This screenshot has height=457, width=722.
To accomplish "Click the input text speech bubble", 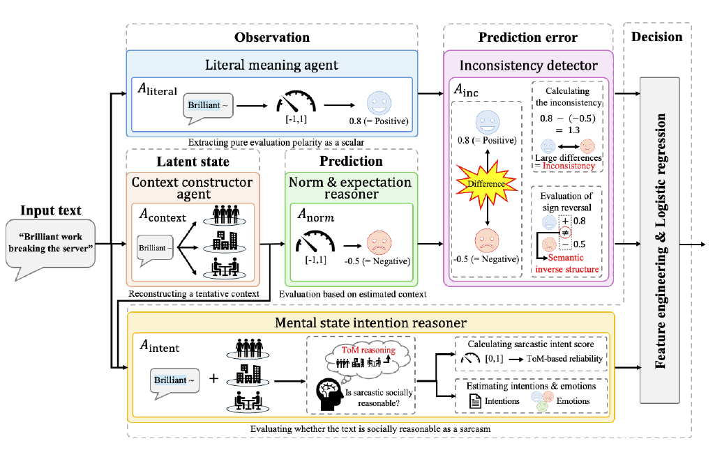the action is (50, 244).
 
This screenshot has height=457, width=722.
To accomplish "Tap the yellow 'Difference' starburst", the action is (487, 184).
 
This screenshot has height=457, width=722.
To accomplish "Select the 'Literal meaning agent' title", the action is (271, 65).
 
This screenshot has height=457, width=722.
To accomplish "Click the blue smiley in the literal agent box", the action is (379, 103).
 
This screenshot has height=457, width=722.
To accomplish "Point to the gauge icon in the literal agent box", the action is (296, 101).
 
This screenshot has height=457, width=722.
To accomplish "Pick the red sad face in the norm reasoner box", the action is (379, 243).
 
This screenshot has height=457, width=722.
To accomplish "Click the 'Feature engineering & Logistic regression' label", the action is (661, 240).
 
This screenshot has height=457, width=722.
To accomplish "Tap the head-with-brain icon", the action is (331, 394).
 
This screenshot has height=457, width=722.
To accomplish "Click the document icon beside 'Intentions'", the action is (475, 401).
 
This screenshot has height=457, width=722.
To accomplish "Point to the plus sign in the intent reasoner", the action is (213, 378).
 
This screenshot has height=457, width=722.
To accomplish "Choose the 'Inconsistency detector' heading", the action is (529, 65).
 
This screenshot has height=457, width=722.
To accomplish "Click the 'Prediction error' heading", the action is (527, 37).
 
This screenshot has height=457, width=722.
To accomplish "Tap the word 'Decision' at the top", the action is (656, 37).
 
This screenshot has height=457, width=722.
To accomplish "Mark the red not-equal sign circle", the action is (565, 232).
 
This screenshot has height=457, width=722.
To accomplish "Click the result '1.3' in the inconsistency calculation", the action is (573, 130).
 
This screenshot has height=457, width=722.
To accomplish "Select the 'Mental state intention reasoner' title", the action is (370, 323).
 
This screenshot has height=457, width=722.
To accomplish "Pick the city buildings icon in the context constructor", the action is (225, 241).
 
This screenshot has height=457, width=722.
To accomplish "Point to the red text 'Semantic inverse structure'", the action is (567, 263).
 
